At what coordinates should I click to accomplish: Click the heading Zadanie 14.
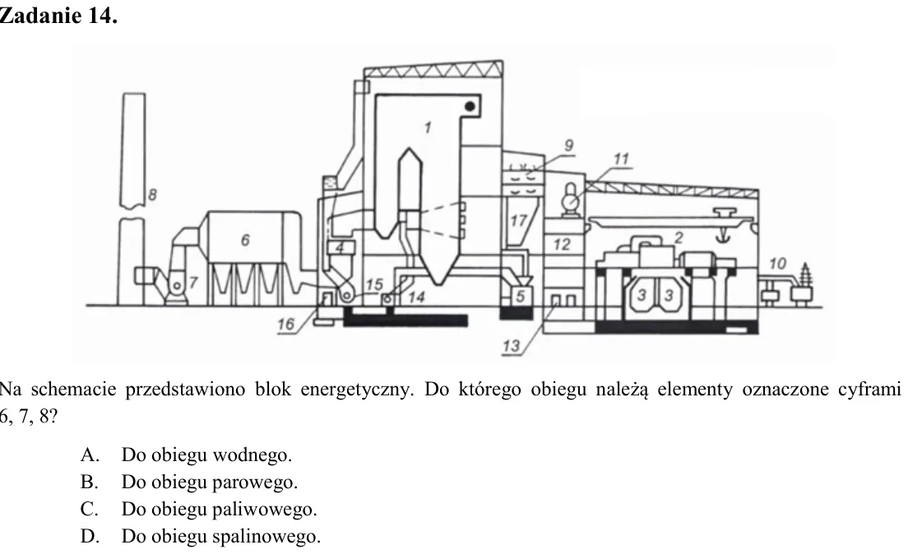point(58,15)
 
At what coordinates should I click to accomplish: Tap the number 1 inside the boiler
point(428,127)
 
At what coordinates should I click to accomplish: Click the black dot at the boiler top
point(470,106)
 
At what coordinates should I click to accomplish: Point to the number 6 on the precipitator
point(245,240)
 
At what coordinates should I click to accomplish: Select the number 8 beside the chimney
point(152,195)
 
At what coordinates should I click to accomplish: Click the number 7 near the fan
point(193,283)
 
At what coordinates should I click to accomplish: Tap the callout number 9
point(568,145)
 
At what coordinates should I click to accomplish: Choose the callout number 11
point(621,159)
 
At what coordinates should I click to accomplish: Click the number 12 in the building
point(561,244)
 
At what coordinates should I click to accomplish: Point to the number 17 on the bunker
point(518,220)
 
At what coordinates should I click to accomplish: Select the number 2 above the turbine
point(679,237)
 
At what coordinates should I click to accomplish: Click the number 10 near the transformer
point(777,263)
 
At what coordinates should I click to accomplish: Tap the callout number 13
point(511,345)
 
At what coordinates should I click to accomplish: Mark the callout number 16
point(285,324)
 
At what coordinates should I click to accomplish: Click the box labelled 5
point(520,296)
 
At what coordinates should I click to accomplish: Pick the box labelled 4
point(340,247)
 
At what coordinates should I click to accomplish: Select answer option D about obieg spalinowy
point(201,536)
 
